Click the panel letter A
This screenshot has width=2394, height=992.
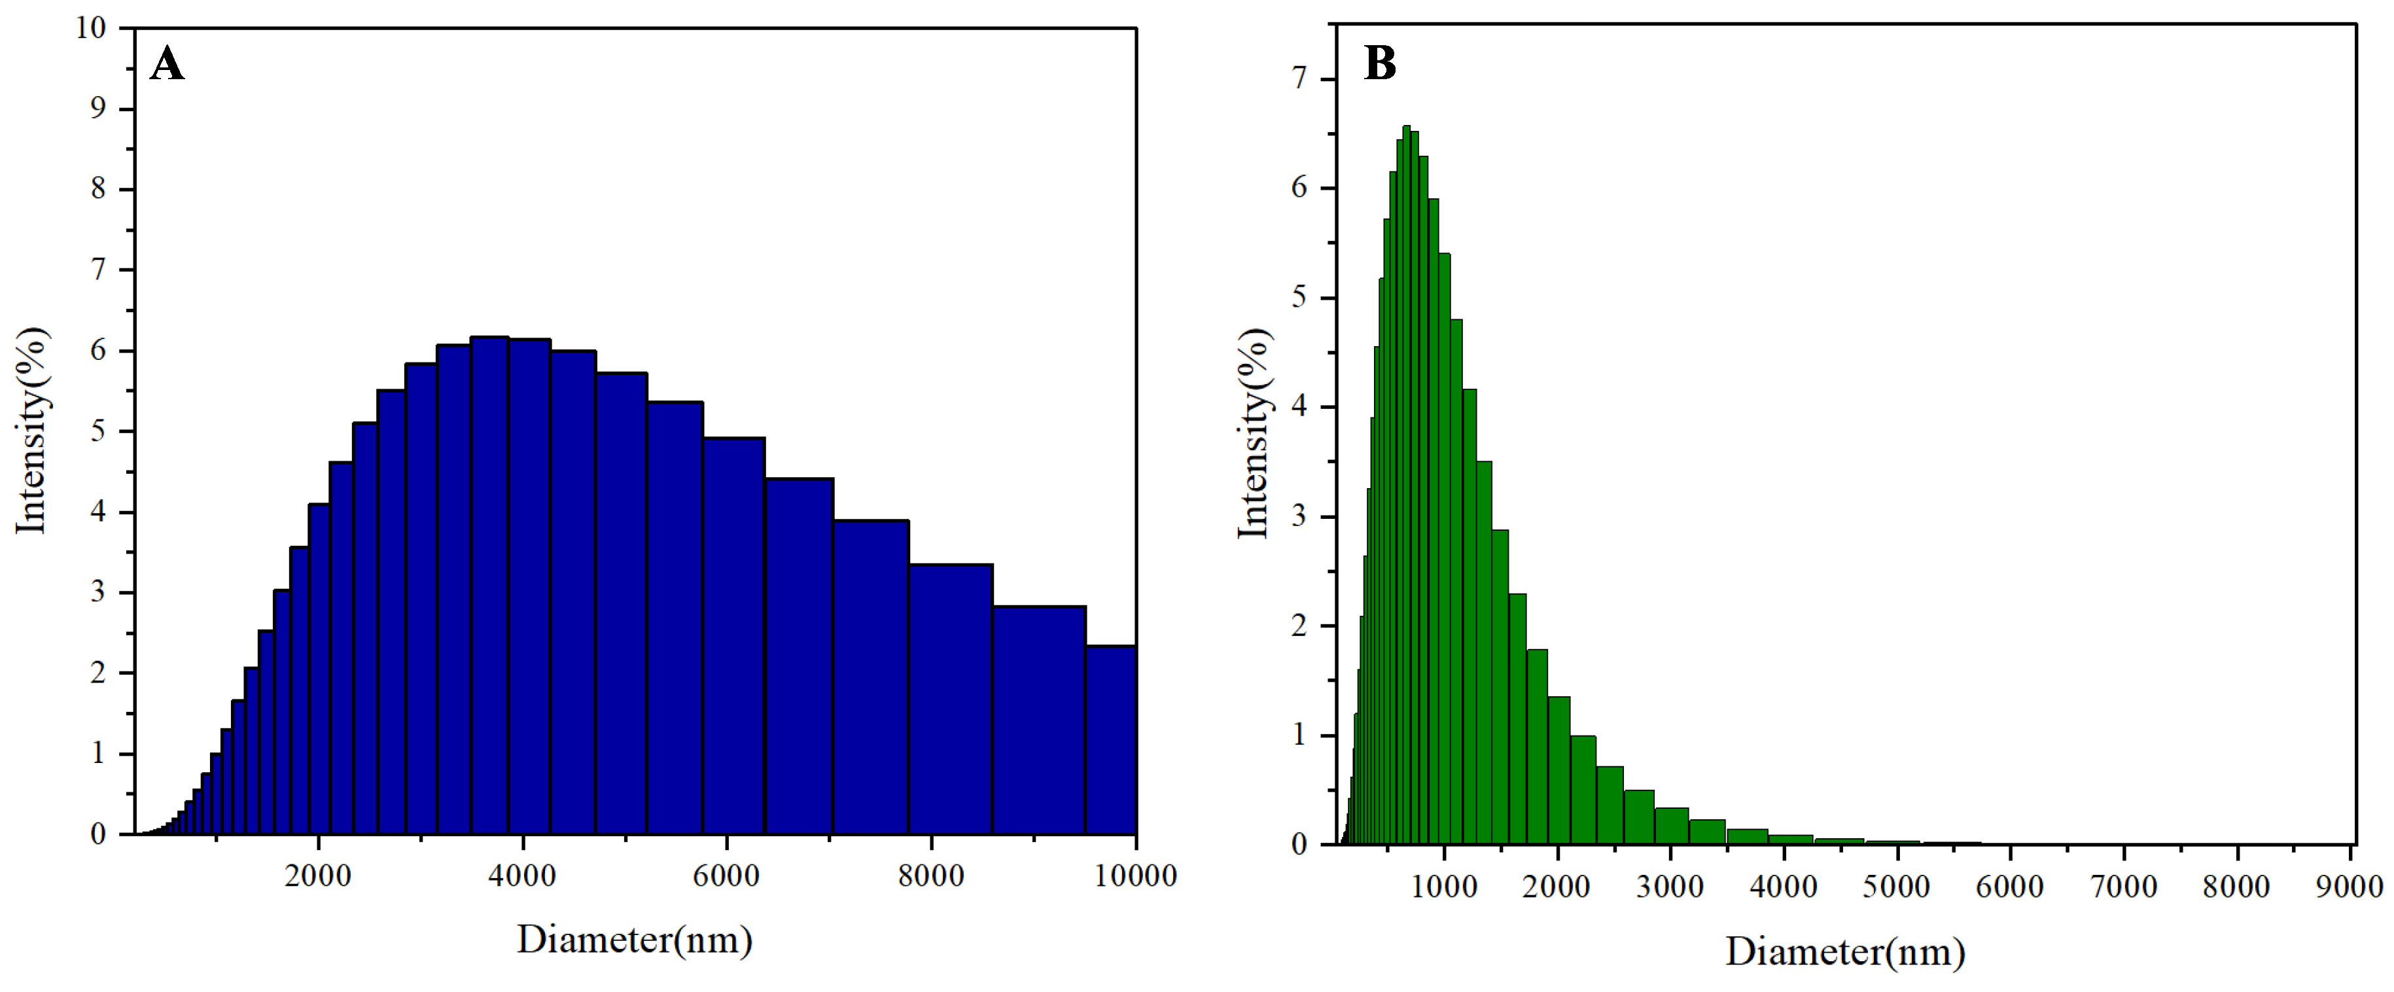pos(167,65)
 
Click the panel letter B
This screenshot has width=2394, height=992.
pos(1379,64)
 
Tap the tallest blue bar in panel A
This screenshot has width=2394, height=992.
pos(490,586)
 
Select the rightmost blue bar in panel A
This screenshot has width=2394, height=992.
pos(1110,739)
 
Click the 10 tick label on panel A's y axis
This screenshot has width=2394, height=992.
pos(91,28)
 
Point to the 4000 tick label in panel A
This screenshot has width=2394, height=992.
pos(522,876)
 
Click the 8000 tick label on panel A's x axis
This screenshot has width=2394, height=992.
pos(931,876)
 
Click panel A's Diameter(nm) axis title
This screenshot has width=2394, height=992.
pos(635,940)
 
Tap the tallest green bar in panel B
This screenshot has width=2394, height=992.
pos(1406,484)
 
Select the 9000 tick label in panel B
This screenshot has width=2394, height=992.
pos(2348,887)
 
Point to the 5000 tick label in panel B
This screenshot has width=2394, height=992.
pos(1896,887)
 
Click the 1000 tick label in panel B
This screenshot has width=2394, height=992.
pos(1443,887)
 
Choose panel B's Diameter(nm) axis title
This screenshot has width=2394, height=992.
pos(1845,952)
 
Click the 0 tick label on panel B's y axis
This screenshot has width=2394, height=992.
pos(1299,845)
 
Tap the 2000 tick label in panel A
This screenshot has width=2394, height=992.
pos(318,876)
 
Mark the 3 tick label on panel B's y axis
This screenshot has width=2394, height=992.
pos(1299,516)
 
